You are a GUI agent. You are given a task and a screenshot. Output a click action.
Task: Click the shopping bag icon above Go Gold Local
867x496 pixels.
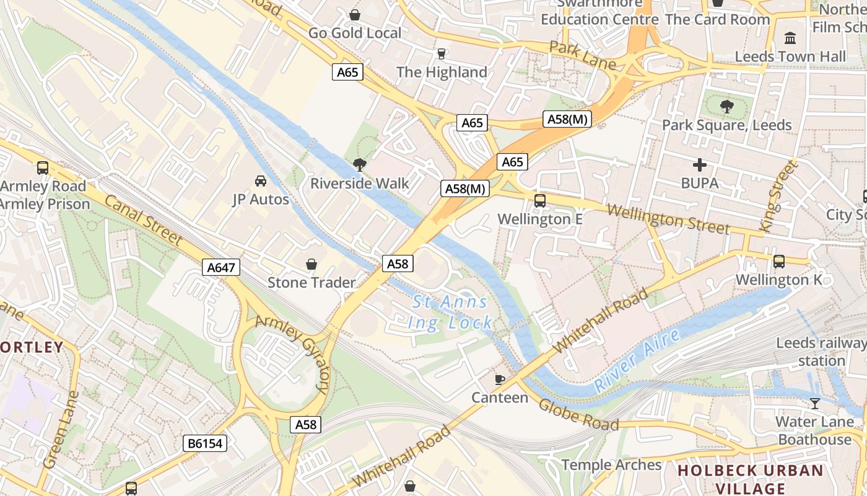(x=355, y=14)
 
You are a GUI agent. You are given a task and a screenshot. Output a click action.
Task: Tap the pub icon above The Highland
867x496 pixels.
(x=442, y=54)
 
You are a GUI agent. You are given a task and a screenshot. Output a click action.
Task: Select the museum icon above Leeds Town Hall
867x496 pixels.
(x=790, y=38)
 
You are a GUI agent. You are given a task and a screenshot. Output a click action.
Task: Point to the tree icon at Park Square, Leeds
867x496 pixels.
(x=727, y=107)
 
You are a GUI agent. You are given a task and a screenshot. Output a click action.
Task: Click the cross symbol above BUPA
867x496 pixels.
(x=700, y=165)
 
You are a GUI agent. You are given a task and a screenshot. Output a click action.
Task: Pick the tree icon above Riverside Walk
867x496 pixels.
(x=359, y=165)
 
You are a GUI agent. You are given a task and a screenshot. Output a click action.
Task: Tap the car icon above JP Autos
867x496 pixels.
(x=261, y=181)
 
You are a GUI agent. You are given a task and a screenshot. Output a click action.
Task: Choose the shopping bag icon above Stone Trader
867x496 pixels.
(x=312, y=265)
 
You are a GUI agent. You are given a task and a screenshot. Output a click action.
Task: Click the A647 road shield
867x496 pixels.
(x=220, y=268)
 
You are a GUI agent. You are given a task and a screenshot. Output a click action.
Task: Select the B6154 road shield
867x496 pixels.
(x=205, y=443)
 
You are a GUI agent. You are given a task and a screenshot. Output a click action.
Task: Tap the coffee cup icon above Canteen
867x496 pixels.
(x=500, y=379)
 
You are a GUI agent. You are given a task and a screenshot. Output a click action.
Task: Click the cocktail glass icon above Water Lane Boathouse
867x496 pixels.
(x=814, y=404)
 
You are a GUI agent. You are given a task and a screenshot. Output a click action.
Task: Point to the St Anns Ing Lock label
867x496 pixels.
(x=450, y=312)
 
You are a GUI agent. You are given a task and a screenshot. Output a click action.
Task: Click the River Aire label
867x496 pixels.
(x=637, y=360)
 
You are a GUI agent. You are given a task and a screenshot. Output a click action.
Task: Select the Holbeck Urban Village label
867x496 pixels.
(x=751, y=479)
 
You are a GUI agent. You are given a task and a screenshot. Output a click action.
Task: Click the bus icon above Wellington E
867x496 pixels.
(x=540, y=201)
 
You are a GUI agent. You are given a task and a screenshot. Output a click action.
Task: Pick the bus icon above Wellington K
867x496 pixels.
(x=779, y=262)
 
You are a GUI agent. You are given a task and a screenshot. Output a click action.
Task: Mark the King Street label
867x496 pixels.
(x=778, y=196)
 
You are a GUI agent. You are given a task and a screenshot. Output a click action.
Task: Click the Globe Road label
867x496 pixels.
(x=578, y=415)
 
